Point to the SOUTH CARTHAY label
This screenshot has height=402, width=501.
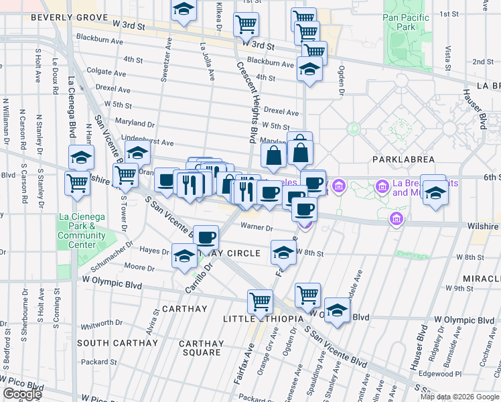click(x=111, y=343)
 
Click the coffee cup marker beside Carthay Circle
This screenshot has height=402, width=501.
click(x=206, y=237)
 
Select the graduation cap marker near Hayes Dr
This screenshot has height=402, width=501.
click(x=184, y=256)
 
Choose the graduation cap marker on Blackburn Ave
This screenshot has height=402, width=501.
click(x=309, y=70)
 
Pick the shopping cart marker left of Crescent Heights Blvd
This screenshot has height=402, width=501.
click(x=246, y=25)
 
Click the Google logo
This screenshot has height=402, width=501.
click(x=22, y=395)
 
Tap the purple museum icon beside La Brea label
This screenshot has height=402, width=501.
click(x=382, y=186)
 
